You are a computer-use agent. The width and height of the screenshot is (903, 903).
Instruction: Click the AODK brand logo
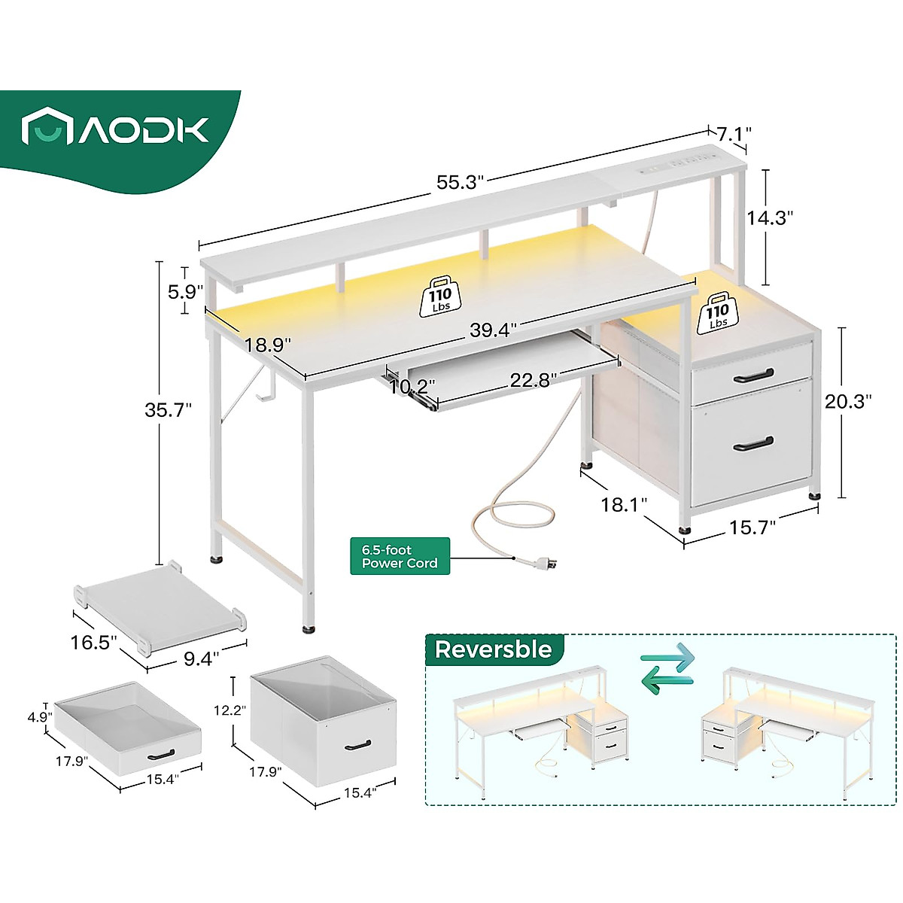coord(115,129)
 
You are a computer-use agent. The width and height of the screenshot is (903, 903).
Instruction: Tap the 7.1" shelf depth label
coord(734,135)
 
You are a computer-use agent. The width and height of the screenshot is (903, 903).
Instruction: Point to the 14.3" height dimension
coord(771,217)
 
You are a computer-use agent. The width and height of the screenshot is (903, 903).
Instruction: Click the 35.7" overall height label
coord(169,409)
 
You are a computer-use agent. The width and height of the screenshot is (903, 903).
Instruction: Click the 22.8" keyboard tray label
coord(533,381)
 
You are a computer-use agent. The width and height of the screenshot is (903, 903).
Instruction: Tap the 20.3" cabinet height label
coord(847,401)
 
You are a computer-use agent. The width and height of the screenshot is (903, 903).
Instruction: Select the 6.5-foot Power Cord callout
coord(400,556)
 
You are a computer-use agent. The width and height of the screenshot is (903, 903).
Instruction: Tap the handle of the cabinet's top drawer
coord(753,374)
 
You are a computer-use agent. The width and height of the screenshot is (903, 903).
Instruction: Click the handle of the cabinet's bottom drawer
coord(752,443)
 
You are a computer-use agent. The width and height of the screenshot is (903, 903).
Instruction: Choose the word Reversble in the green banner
coord(493,649)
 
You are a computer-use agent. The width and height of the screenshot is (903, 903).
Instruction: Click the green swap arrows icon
coord(667,664)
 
